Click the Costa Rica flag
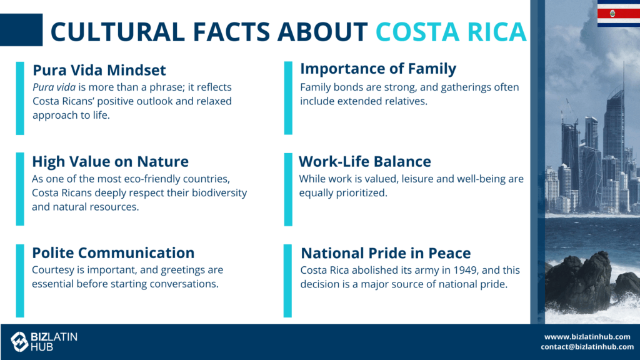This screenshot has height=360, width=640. click(x=618, y=14)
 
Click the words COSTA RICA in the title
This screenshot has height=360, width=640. click(x=451, y=32)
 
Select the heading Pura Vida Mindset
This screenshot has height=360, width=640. click(x=99, y=70)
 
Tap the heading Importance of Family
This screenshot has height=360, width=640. click(x=378, y=69)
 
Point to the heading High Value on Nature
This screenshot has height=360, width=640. click(x=110, y=162)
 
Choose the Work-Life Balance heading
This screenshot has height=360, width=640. click(x=365, y=162)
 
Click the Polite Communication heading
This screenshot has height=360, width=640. click(x=113, y=253)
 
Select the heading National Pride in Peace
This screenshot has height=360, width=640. click(x=386, y=253)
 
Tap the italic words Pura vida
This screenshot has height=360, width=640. click(x=54, y=87)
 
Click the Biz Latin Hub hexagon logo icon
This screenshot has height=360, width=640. click(x=19, y=342)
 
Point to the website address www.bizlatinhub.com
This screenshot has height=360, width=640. click(x=587, y=337)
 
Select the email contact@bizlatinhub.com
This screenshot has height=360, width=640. click(x=587, y=347)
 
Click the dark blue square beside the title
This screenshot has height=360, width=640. click(x=21, y=30)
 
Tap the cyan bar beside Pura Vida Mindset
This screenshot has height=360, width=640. click(x=20, y=98)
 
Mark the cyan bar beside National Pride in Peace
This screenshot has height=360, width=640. click(x=287, y=281)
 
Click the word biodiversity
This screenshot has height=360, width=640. click(x=219, y=192)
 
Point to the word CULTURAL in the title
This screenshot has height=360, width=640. click(x=117, y=32)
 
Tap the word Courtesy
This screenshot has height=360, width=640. click(x=51, y=270)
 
